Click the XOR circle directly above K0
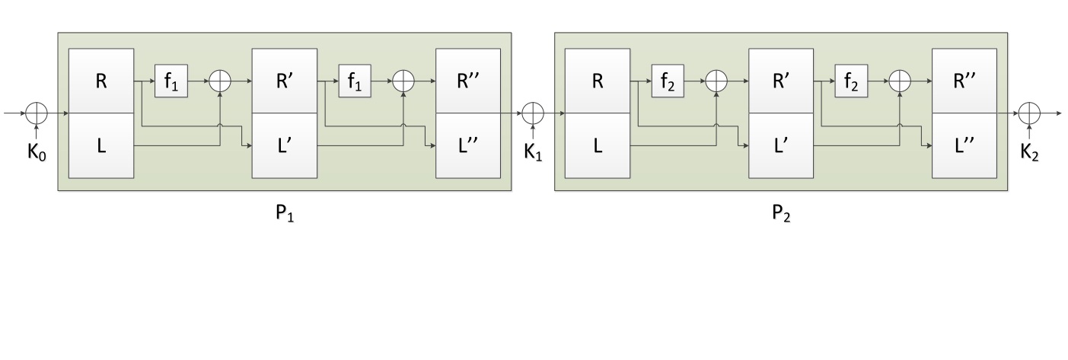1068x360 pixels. coord(37,113)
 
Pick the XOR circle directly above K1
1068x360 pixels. coord(533,113)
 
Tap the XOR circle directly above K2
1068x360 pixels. coord(1029,113)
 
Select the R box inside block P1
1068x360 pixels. coord(101,81)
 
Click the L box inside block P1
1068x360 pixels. coord(101,145)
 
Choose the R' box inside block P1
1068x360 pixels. coord(285,81)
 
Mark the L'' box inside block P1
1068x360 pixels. coord(468,145)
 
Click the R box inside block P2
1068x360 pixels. coord(598,81)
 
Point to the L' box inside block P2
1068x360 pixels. coord(782,145)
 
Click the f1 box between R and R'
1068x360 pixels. coord(171,81)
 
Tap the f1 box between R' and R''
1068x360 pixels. coord(355,81)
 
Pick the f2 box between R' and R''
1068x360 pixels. coord(851,81)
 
